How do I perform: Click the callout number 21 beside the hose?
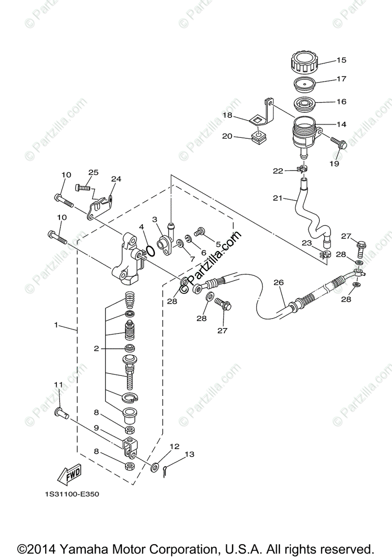278,198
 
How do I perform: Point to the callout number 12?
174,446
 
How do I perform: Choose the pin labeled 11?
61,412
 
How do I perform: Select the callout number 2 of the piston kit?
96,348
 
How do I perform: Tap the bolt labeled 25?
82,188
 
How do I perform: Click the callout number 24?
116,178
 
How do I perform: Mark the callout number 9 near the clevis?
96,428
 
